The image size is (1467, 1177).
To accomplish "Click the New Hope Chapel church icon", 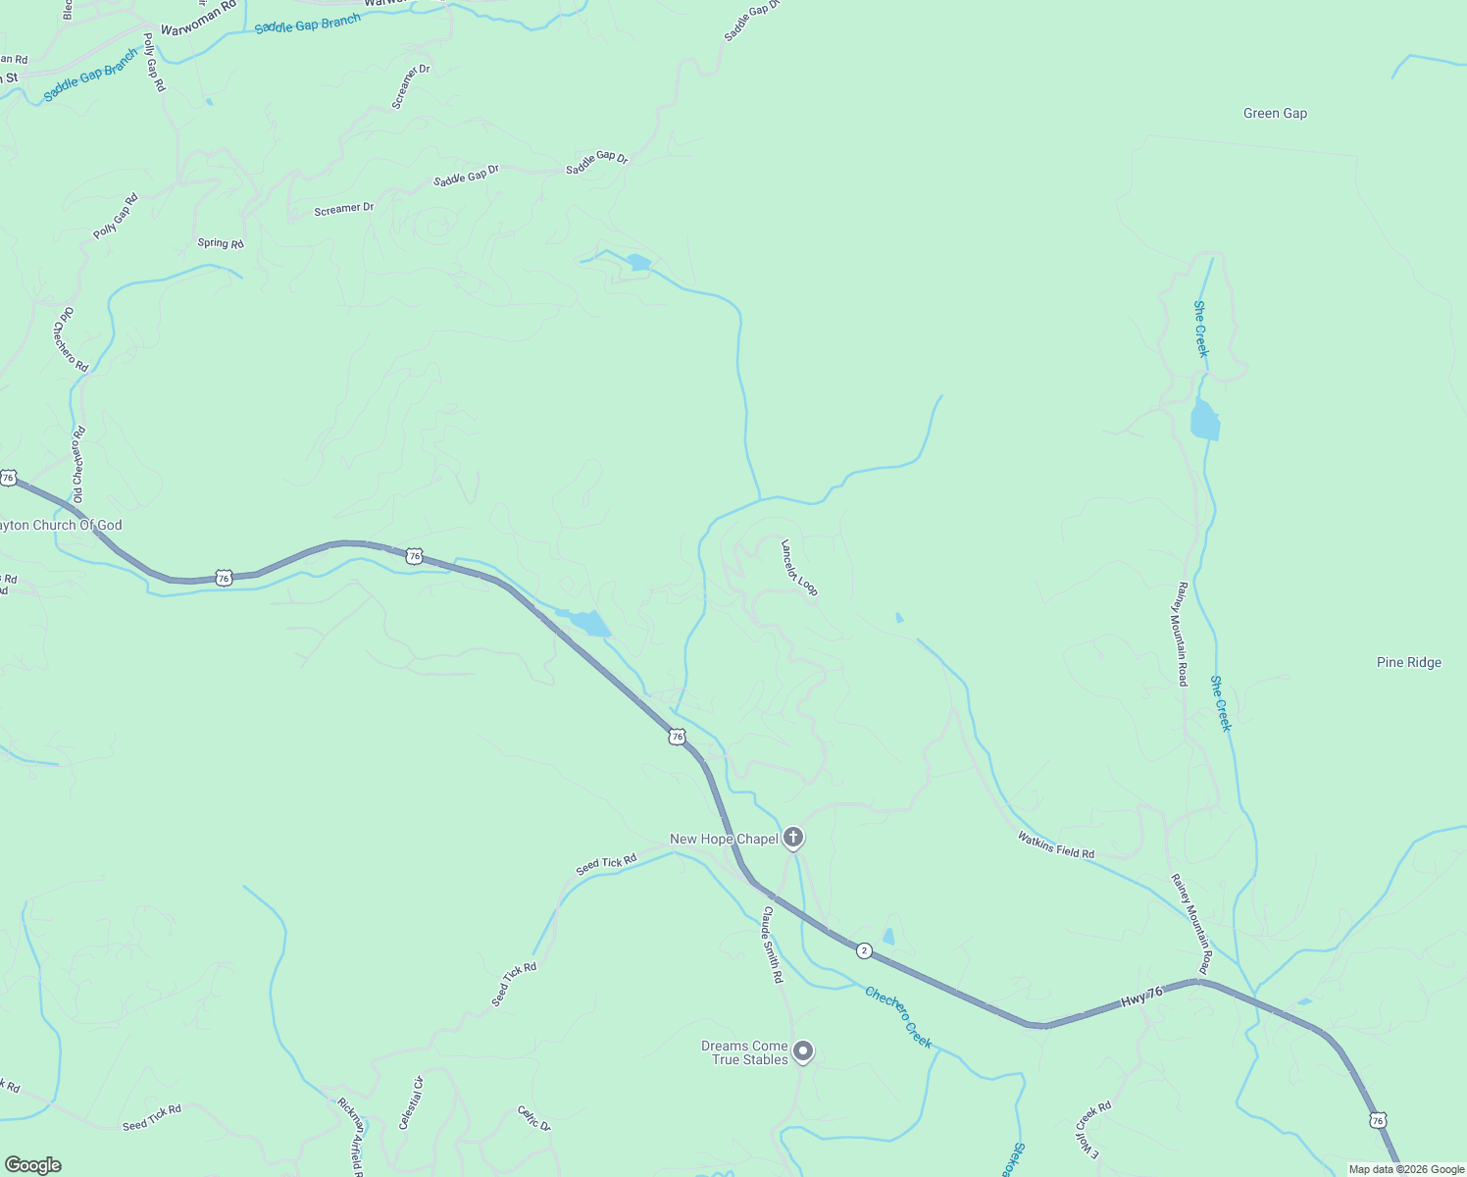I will [x=793, y=838].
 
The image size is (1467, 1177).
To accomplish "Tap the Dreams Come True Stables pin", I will [x=803, y=1051].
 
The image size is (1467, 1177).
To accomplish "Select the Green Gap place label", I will [x=1275, y=114].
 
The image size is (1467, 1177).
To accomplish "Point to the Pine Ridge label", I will [x=1408, y=663].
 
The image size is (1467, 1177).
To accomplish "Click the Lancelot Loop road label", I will [x=799, y=567].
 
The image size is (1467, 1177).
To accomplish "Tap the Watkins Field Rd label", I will [x=1055, y=844].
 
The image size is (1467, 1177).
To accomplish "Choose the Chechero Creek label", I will [x=898, y=1017].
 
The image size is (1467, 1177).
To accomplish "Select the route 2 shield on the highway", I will [x=864, y=950].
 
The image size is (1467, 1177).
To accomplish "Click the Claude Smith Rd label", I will [x=773, y=944].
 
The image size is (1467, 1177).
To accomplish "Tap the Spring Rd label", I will [x=221, y=243].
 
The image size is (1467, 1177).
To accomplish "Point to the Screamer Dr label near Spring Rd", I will [x=344, y=209].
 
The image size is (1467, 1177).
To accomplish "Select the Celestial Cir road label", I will [x=411, y=1102].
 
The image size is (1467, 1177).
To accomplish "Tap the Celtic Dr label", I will [x=534, y=1118].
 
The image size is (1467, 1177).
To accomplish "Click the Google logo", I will [x=32, y=1165].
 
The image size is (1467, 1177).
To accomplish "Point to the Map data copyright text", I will [x=1406, y=1169].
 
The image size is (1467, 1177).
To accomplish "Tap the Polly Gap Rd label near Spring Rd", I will [x=116, y=217].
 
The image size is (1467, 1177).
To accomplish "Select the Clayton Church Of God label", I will [x=61, y=526].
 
